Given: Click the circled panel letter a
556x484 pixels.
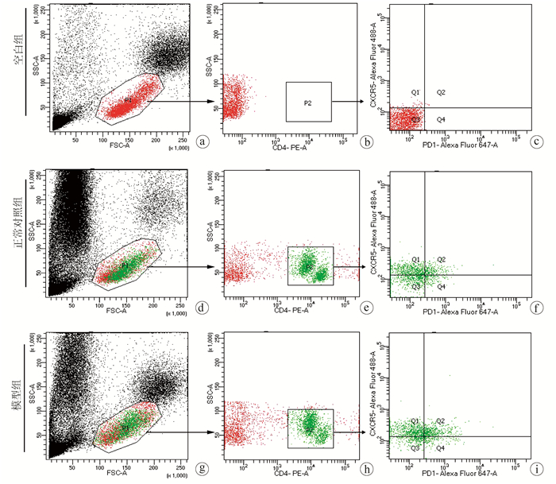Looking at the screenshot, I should (x=204, y=141).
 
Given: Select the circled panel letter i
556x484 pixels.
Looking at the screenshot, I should (x=538, y=468).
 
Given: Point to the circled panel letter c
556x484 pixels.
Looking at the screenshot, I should (x=538, y=141).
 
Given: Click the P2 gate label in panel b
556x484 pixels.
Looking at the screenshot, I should (x=308, y=103).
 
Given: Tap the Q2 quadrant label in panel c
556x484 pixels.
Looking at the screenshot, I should (x=441, y=93).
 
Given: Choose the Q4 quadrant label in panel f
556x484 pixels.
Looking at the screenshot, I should (x=441, y=286).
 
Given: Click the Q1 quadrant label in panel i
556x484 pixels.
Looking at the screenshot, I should (x=415, y=420).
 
